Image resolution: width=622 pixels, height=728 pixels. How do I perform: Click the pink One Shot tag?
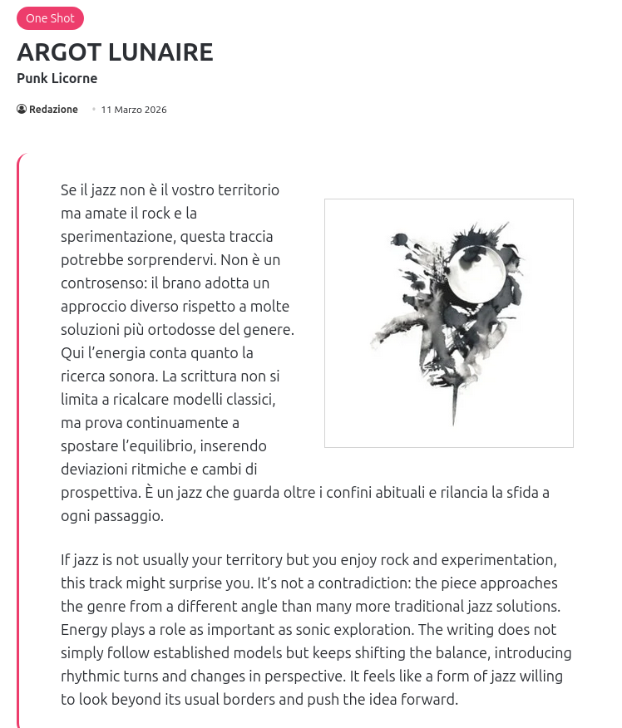(50, 18)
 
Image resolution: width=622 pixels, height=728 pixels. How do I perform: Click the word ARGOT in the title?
(61, 52)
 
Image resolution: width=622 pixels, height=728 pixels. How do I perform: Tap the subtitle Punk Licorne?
(57, 78)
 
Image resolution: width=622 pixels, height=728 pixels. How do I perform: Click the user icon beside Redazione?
(22, 110)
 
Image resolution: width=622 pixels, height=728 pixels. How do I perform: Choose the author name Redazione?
(53, 110)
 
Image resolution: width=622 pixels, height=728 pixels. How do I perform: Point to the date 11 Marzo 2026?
(134, 110)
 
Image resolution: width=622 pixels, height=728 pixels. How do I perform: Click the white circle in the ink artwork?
(476, 275)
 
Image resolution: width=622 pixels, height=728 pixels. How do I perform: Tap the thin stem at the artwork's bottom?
(453, 407)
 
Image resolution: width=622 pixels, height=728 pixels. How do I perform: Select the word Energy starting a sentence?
(84, 629)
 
